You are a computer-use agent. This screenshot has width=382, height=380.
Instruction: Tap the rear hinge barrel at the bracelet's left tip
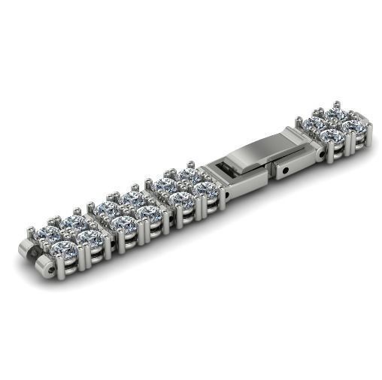27,250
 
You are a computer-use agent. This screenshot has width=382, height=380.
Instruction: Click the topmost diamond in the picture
335,113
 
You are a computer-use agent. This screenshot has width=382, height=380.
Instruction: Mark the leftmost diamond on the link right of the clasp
314,123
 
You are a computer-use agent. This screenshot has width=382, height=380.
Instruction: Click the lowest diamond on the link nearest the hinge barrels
68,247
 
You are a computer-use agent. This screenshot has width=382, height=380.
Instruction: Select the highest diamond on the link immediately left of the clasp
188,175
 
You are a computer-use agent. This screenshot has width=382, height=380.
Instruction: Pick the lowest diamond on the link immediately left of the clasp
183,199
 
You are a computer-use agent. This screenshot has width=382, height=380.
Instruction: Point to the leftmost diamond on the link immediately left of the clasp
165,185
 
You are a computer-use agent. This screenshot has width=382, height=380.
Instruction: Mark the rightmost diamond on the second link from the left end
149,213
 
